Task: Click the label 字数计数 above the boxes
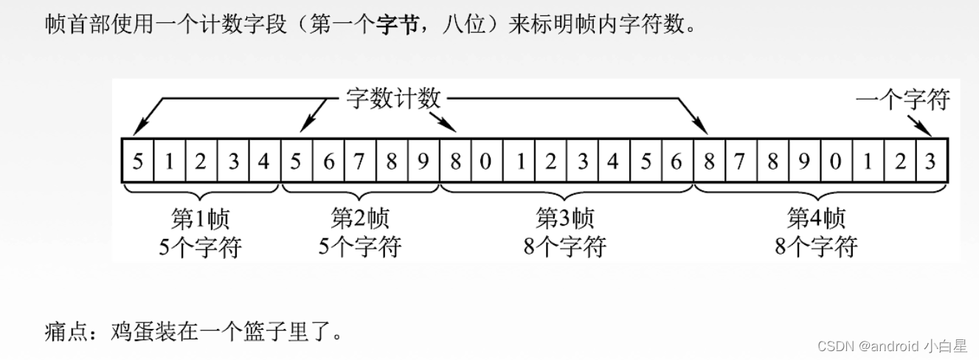393,98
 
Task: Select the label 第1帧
200,218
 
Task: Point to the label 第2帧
360,218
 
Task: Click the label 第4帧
816,218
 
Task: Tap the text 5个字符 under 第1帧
200,246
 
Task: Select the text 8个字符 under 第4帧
816,246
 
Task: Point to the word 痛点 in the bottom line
64,330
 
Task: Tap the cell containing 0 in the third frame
486,161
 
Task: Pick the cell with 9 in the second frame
423,161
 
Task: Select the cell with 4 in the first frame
264,161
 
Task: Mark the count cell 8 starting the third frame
455,161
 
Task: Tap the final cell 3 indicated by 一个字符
931,161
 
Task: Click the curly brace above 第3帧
566,194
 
